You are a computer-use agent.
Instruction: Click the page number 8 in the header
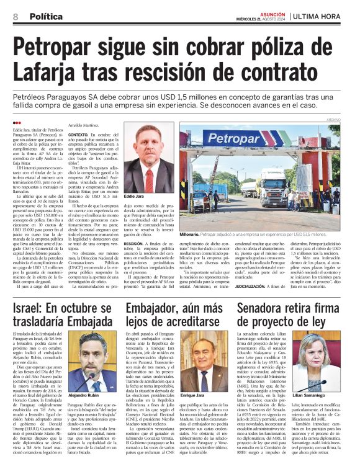pyautogui.click(x=15, y=18)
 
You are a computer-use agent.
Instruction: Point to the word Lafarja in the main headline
pyautogui.click(x=63, y=74)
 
